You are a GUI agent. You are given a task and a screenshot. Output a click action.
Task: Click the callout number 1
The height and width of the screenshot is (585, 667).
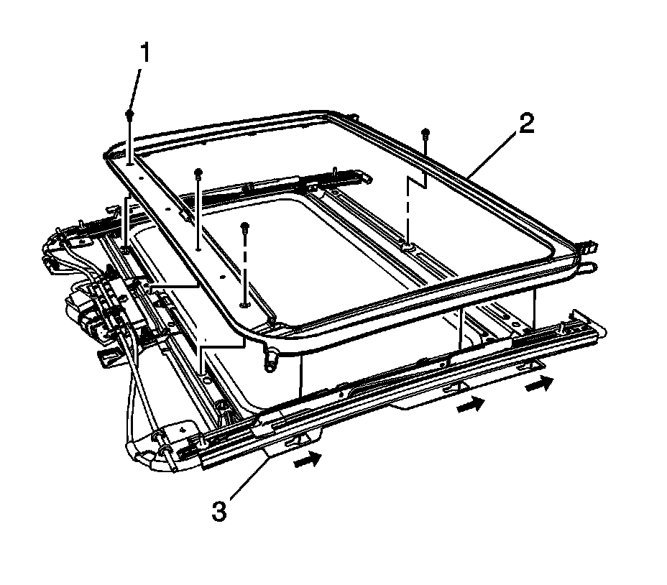coord(145,53)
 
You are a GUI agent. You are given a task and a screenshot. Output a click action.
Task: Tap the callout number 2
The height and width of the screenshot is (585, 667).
coord(526,124)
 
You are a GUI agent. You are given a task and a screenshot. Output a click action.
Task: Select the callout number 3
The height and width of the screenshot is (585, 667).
coord(219,511)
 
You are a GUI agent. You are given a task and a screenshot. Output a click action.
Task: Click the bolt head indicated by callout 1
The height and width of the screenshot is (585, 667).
coord(129,114)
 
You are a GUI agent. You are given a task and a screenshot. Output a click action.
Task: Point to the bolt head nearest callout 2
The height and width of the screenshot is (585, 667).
coord(425,133)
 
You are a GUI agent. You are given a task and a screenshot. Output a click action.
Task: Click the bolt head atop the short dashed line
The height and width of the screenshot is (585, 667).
coord(244,226)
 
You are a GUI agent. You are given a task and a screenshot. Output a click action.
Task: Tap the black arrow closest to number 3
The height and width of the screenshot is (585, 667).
coord(308,459)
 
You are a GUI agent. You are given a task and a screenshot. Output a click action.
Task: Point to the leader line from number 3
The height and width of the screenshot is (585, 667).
coord(249,477)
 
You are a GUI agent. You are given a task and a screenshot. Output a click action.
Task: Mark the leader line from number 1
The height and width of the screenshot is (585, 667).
coord(135,89)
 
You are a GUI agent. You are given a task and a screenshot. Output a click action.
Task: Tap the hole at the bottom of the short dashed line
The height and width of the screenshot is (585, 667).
coord(244,305)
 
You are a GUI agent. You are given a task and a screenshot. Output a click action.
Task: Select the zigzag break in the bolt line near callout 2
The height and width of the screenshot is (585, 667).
coord(417,183)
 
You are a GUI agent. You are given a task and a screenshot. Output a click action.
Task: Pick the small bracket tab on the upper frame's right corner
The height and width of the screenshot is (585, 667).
coord(589,247)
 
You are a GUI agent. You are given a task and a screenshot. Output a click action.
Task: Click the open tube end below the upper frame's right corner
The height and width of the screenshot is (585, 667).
coord(592,267)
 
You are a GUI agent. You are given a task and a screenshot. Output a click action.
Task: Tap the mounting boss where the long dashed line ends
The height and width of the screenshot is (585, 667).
coord(408,246)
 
